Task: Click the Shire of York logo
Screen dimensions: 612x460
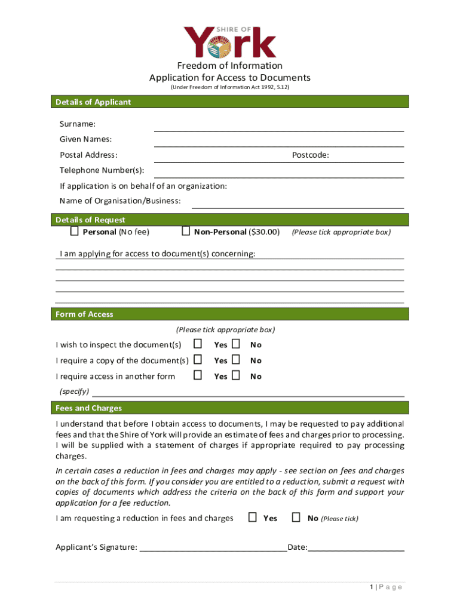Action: pos(229,41)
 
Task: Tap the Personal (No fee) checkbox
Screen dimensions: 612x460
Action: pos(75,231)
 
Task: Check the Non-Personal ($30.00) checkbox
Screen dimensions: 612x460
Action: pos(186,231)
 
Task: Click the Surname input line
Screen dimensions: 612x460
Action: pos(279,126)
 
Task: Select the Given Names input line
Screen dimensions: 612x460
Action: pos(279,142)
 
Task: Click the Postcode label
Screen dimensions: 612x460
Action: pos(310,155)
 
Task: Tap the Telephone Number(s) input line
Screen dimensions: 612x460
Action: pos(279,173)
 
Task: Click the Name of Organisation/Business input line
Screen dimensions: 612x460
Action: pos(298,203)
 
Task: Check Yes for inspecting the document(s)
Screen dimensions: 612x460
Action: pos(198,344)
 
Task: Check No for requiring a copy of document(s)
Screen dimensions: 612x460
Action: pos(236,360)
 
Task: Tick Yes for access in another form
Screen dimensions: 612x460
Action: pos(198,375)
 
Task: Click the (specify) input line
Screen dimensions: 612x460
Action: pos(248,393)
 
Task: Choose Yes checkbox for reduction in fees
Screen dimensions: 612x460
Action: pos(253,518)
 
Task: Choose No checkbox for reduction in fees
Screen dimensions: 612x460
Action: pos(296,518)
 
